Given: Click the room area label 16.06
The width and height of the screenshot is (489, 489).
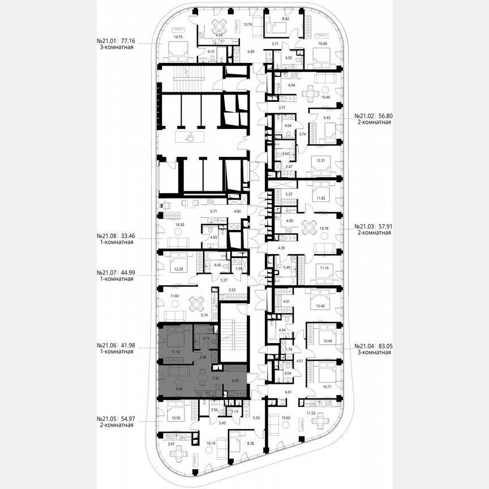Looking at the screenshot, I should pyautogui.click(x=323, y=42).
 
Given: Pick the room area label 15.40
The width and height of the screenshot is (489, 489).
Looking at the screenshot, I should pyautogui.click(x=324, y=306).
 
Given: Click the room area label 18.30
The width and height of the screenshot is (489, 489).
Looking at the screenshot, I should pyautogui.click(x=181, y=225).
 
